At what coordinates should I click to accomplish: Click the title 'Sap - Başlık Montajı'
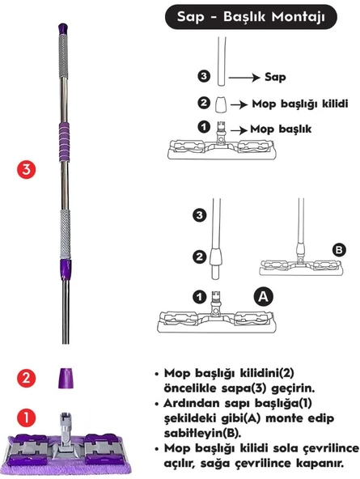coord(257,17)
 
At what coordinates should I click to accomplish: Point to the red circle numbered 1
coord(27,418)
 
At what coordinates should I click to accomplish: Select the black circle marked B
coord(339,250)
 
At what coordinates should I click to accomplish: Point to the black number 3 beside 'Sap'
coord(204,77)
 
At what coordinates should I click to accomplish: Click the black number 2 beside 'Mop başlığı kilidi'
coord(204,104)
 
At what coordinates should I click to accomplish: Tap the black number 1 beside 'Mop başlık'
coord(204,127)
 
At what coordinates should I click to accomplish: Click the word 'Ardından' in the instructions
coord(192,405)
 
